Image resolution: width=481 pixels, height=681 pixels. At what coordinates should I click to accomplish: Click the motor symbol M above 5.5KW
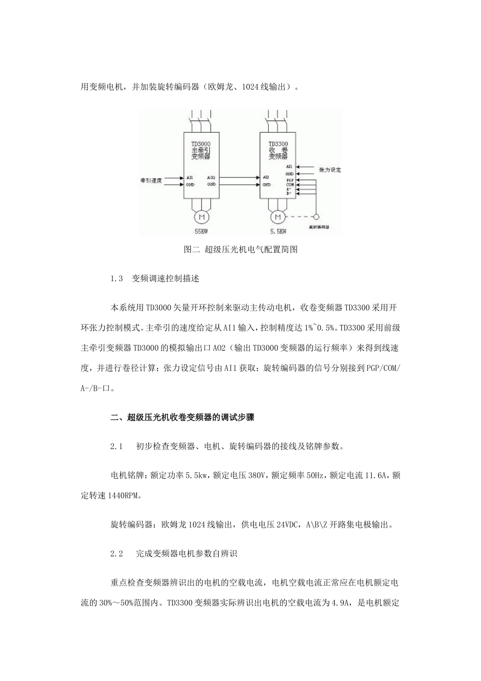(x=277, y=217)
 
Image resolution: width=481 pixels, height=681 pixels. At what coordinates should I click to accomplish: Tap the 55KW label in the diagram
(x=202, y=231)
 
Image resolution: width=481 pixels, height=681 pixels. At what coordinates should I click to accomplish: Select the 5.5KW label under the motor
(x=277, y=232)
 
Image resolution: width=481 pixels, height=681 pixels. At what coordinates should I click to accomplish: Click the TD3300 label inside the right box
(x=278, y=144)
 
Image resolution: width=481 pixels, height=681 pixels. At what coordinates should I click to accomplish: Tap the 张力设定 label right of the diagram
(x=330, y=170)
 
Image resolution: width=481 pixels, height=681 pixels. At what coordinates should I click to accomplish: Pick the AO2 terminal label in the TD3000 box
(x=212, y=178)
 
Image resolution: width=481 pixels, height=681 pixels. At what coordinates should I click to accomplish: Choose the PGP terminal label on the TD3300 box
(x=290, y=180)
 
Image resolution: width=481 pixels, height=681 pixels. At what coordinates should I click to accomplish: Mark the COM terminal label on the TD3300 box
(x=290, y=185)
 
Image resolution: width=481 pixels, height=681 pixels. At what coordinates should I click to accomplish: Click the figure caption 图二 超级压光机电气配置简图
(x=240, y=250)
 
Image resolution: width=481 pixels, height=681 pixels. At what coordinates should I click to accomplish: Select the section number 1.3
(x=117, y=279)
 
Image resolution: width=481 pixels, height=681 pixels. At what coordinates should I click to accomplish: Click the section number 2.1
(x=117, y=447)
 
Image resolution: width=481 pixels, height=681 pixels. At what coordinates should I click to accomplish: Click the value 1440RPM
(x=126, y=496)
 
